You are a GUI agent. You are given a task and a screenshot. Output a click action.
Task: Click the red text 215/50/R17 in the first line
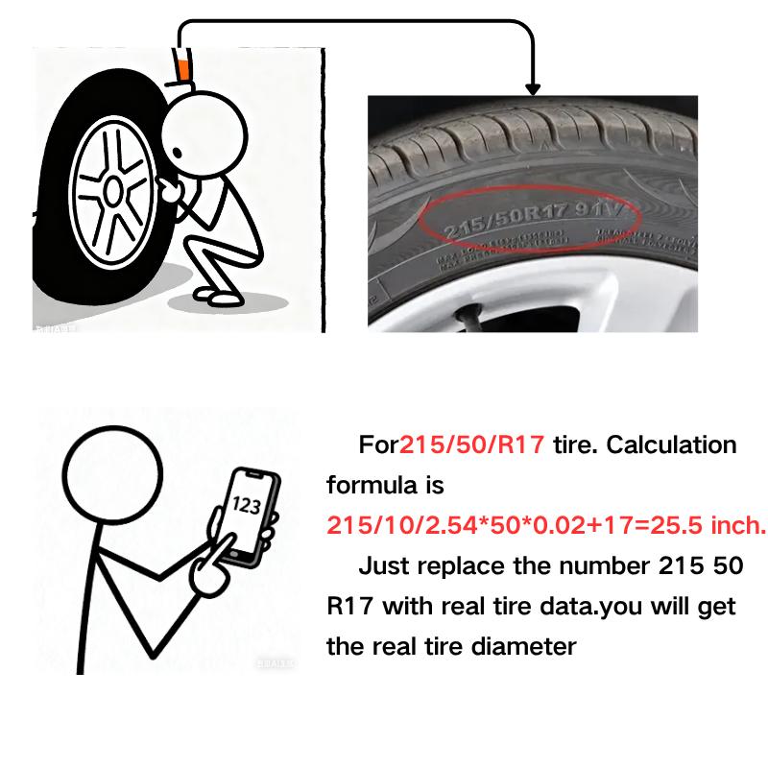[x=472, y=445]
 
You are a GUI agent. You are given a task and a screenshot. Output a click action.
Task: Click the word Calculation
[x=673, y=445]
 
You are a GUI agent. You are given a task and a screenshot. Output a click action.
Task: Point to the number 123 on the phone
[x=246, y=503]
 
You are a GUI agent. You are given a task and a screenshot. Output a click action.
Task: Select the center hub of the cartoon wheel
[x=113, y=192]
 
